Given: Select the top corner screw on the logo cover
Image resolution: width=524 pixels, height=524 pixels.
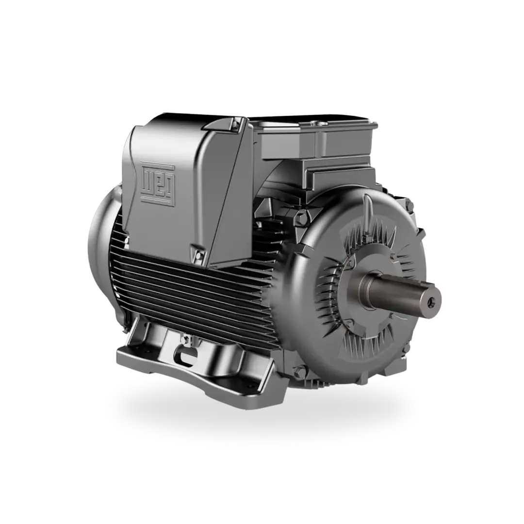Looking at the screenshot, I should pyautogui.click(x=236, y=124).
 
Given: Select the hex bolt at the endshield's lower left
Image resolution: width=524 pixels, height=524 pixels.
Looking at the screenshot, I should pyautogui.click(x=301, y=372).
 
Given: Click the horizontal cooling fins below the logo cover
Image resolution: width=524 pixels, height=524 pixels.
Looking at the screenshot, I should pyautogui.click(x=194, y=291).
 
